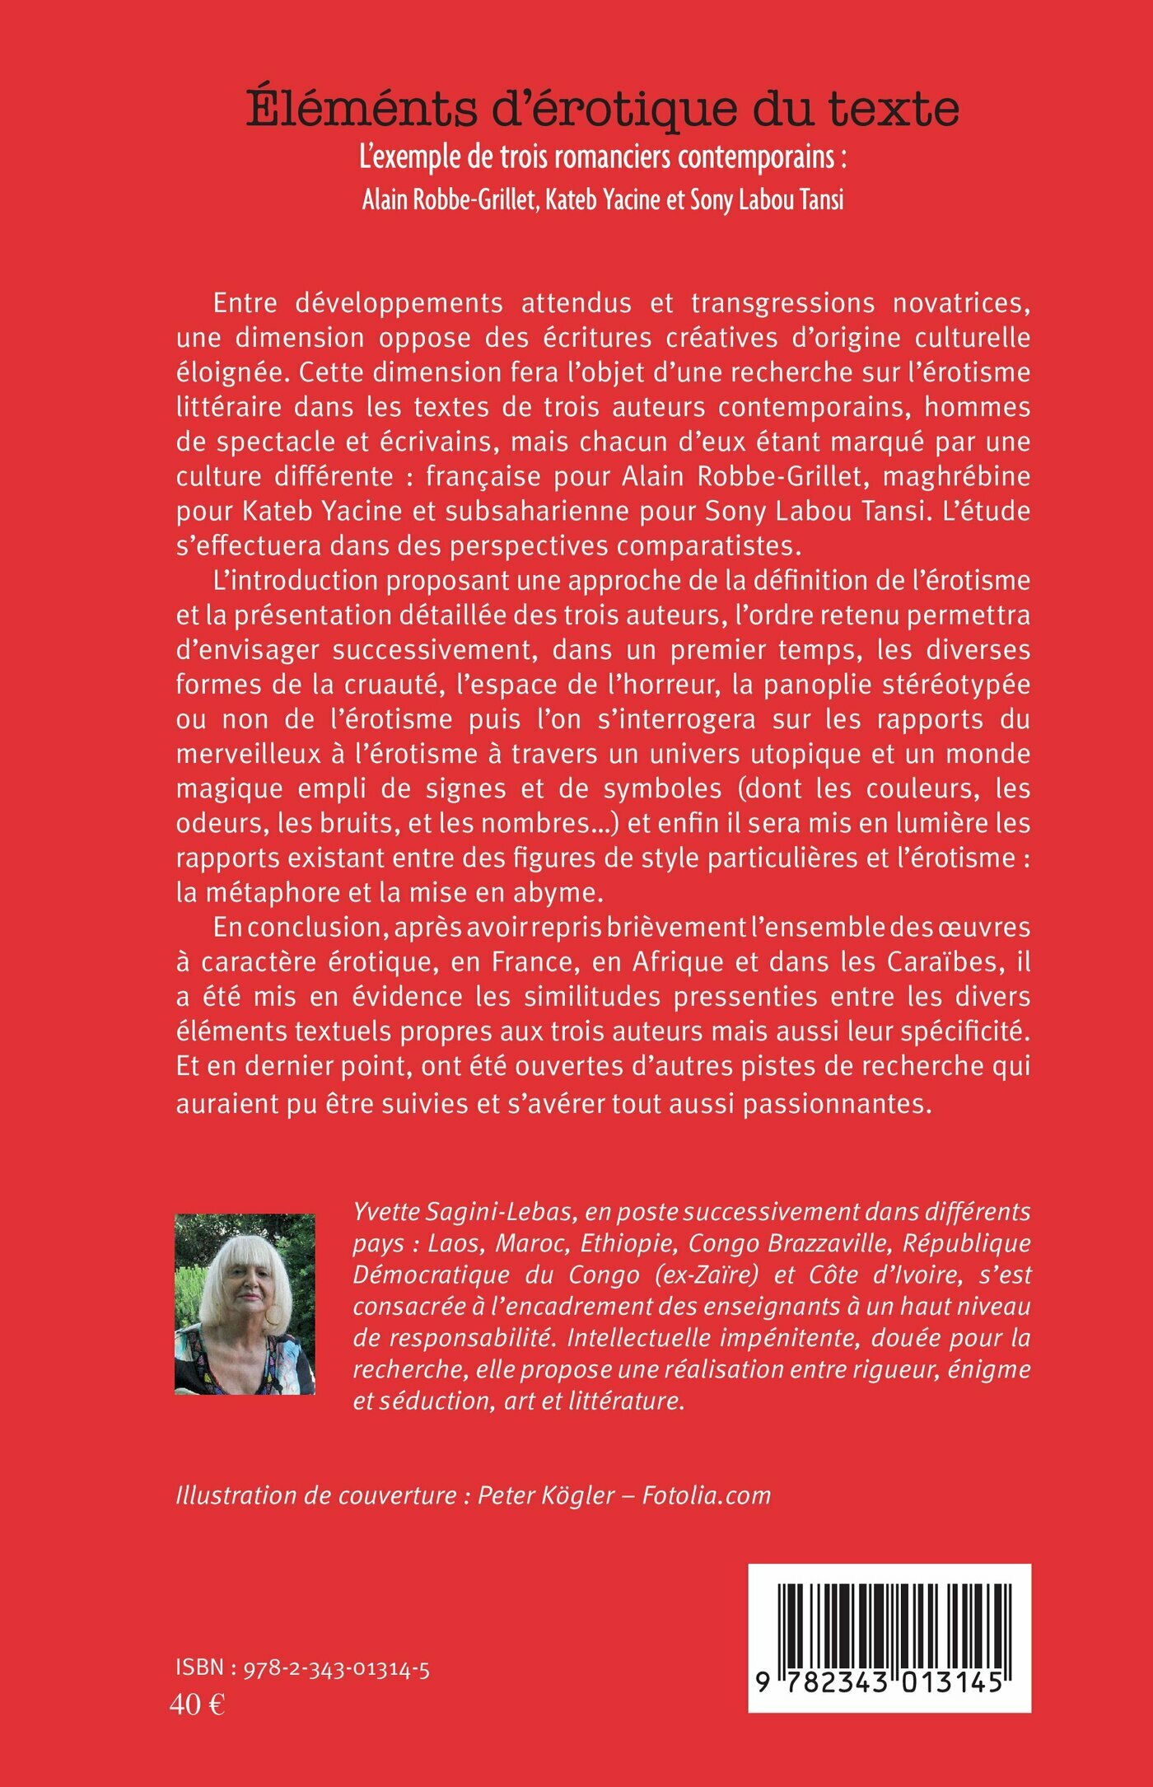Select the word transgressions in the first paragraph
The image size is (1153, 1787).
(x=782, y=303)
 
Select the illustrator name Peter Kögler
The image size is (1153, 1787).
(x=546, y=1495)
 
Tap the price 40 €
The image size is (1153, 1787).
(x=197, y=1705)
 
